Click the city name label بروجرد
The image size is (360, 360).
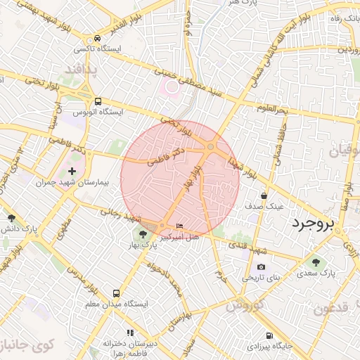click(314, 224)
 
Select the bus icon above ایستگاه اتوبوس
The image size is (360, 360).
click(98, 101)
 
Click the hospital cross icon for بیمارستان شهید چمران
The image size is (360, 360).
click(72, 171)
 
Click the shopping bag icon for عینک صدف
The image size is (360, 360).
click(264, 195)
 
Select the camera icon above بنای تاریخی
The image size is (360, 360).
click(262, 266)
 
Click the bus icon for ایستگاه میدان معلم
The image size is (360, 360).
click(115, 293)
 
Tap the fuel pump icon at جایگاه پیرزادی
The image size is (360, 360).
click(269, 335)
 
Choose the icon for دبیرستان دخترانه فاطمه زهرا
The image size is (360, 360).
click(129, 332)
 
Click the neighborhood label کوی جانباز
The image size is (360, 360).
click(27, 345)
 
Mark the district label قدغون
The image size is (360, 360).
click(330, 309)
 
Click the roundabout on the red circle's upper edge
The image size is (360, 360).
click(210, 146)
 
